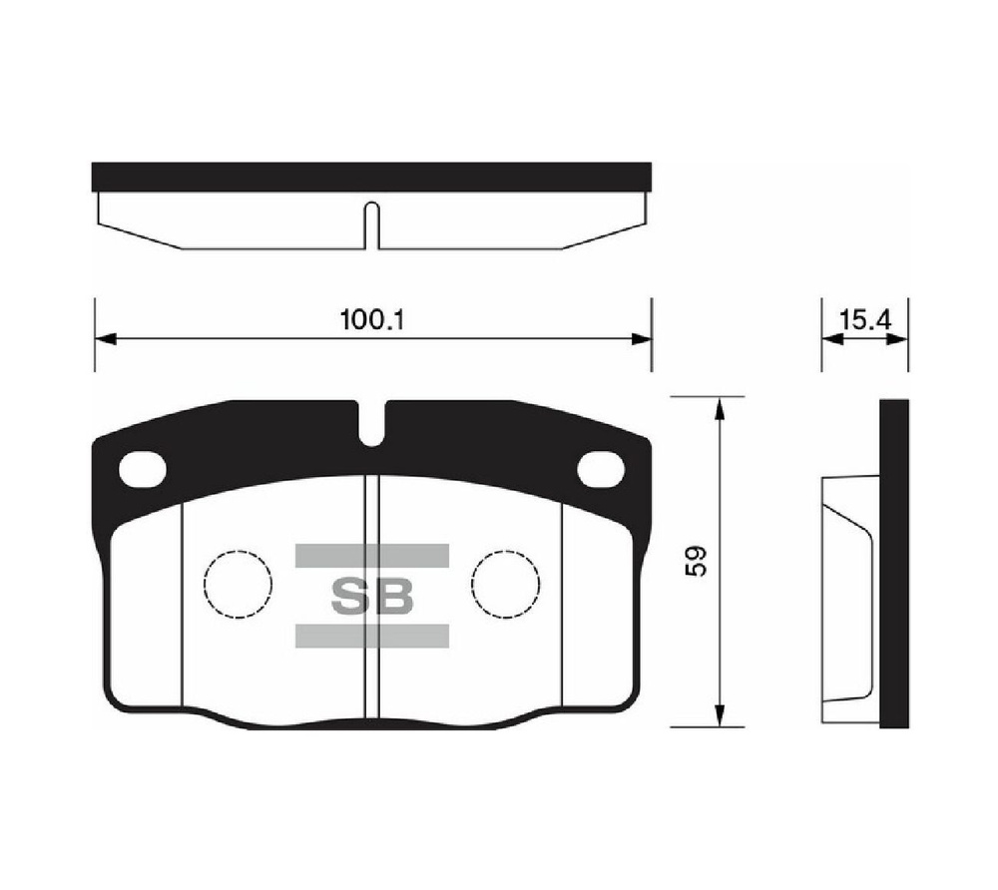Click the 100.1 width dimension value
point(372,319)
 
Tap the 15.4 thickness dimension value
point(865,319)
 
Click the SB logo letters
point(372,596)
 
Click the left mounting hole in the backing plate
point(143,470)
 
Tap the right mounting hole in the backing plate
point(600,470)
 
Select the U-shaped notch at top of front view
point(371,426)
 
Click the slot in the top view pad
point(372,225)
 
